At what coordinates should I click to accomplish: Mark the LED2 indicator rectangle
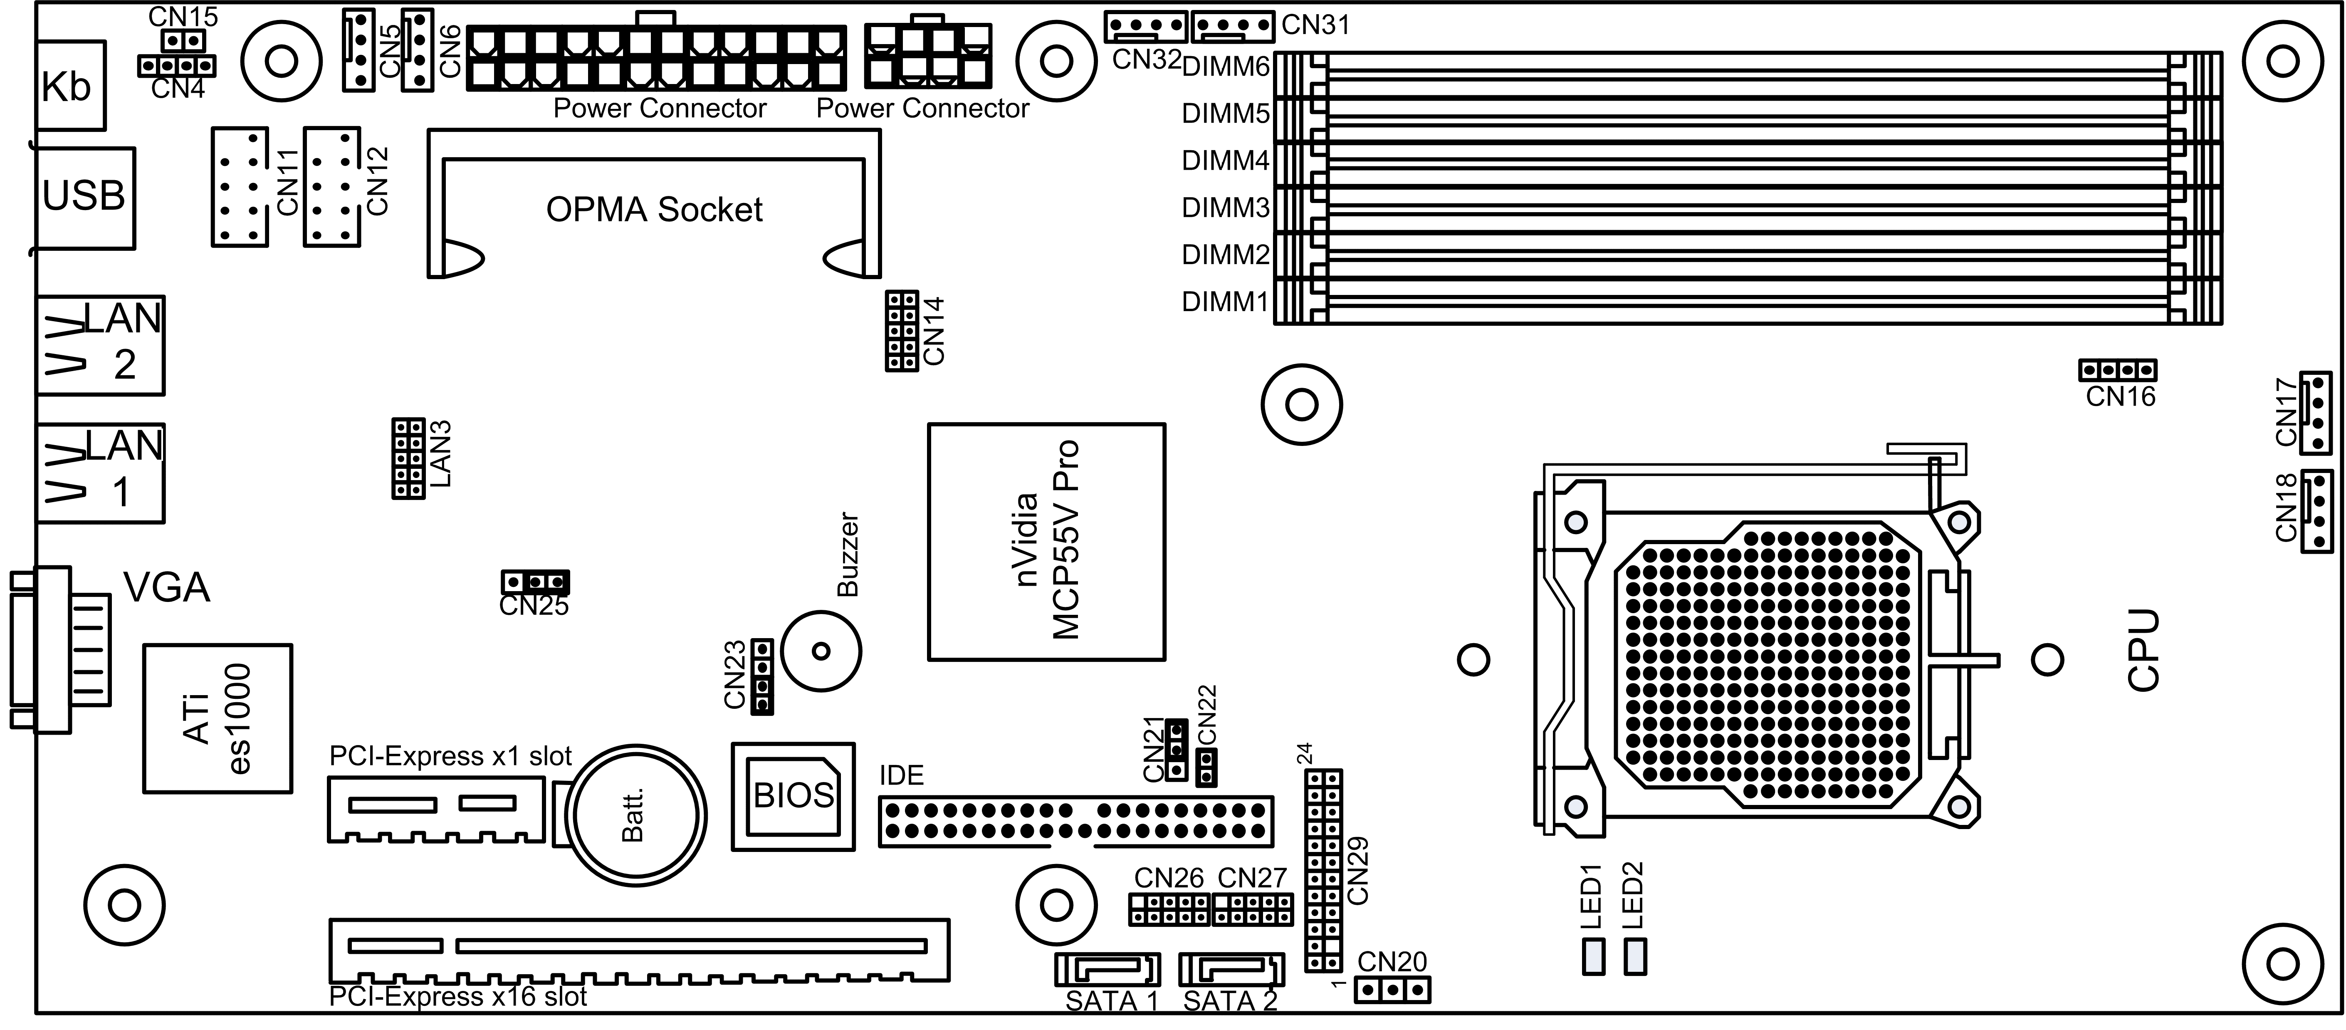1636,956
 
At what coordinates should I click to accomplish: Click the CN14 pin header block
902,331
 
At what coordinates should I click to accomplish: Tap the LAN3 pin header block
408,458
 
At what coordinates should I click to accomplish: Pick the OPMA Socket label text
654,210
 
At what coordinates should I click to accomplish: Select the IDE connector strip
1075,822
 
